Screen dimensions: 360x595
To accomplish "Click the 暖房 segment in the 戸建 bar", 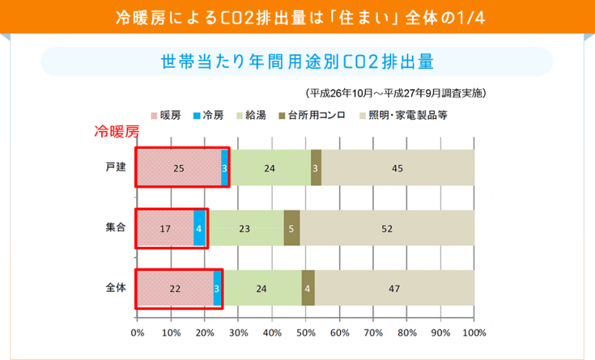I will coord(178,168).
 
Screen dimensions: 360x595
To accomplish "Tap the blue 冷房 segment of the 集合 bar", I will coord(199,228).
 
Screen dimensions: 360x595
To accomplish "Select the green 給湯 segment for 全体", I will coord(262,288).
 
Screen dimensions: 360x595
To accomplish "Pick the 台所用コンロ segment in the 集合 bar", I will coord(292,228).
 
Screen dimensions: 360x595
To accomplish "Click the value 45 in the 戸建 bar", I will coord(397,168).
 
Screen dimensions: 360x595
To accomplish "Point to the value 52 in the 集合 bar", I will coord(387,228).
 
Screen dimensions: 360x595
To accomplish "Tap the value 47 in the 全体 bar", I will coord(394,288).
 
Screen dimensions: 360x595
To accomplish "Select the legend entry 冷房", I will coord(211,115).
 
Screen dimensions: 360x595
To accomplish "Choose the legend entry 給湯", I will coord(255,115).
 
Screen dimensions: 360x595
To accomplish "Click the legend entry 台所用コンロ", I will coord(317,115).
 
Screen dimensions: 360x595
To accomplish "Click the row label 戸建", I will coord(115,167).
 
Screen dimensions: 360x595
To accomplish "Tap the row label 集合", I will coord(115,228).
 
